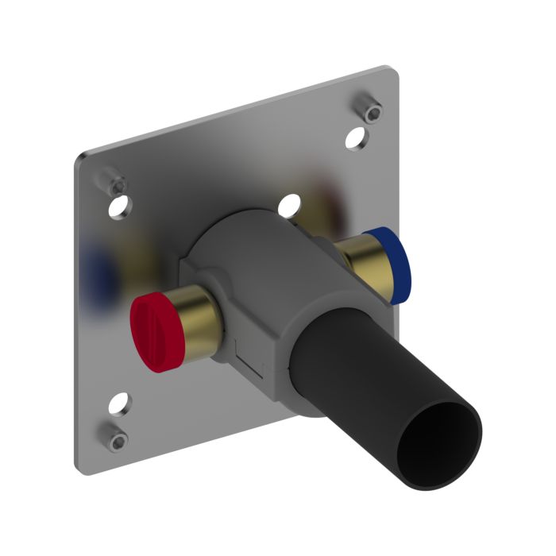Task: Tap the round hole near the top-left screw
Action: click(122, 209)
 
